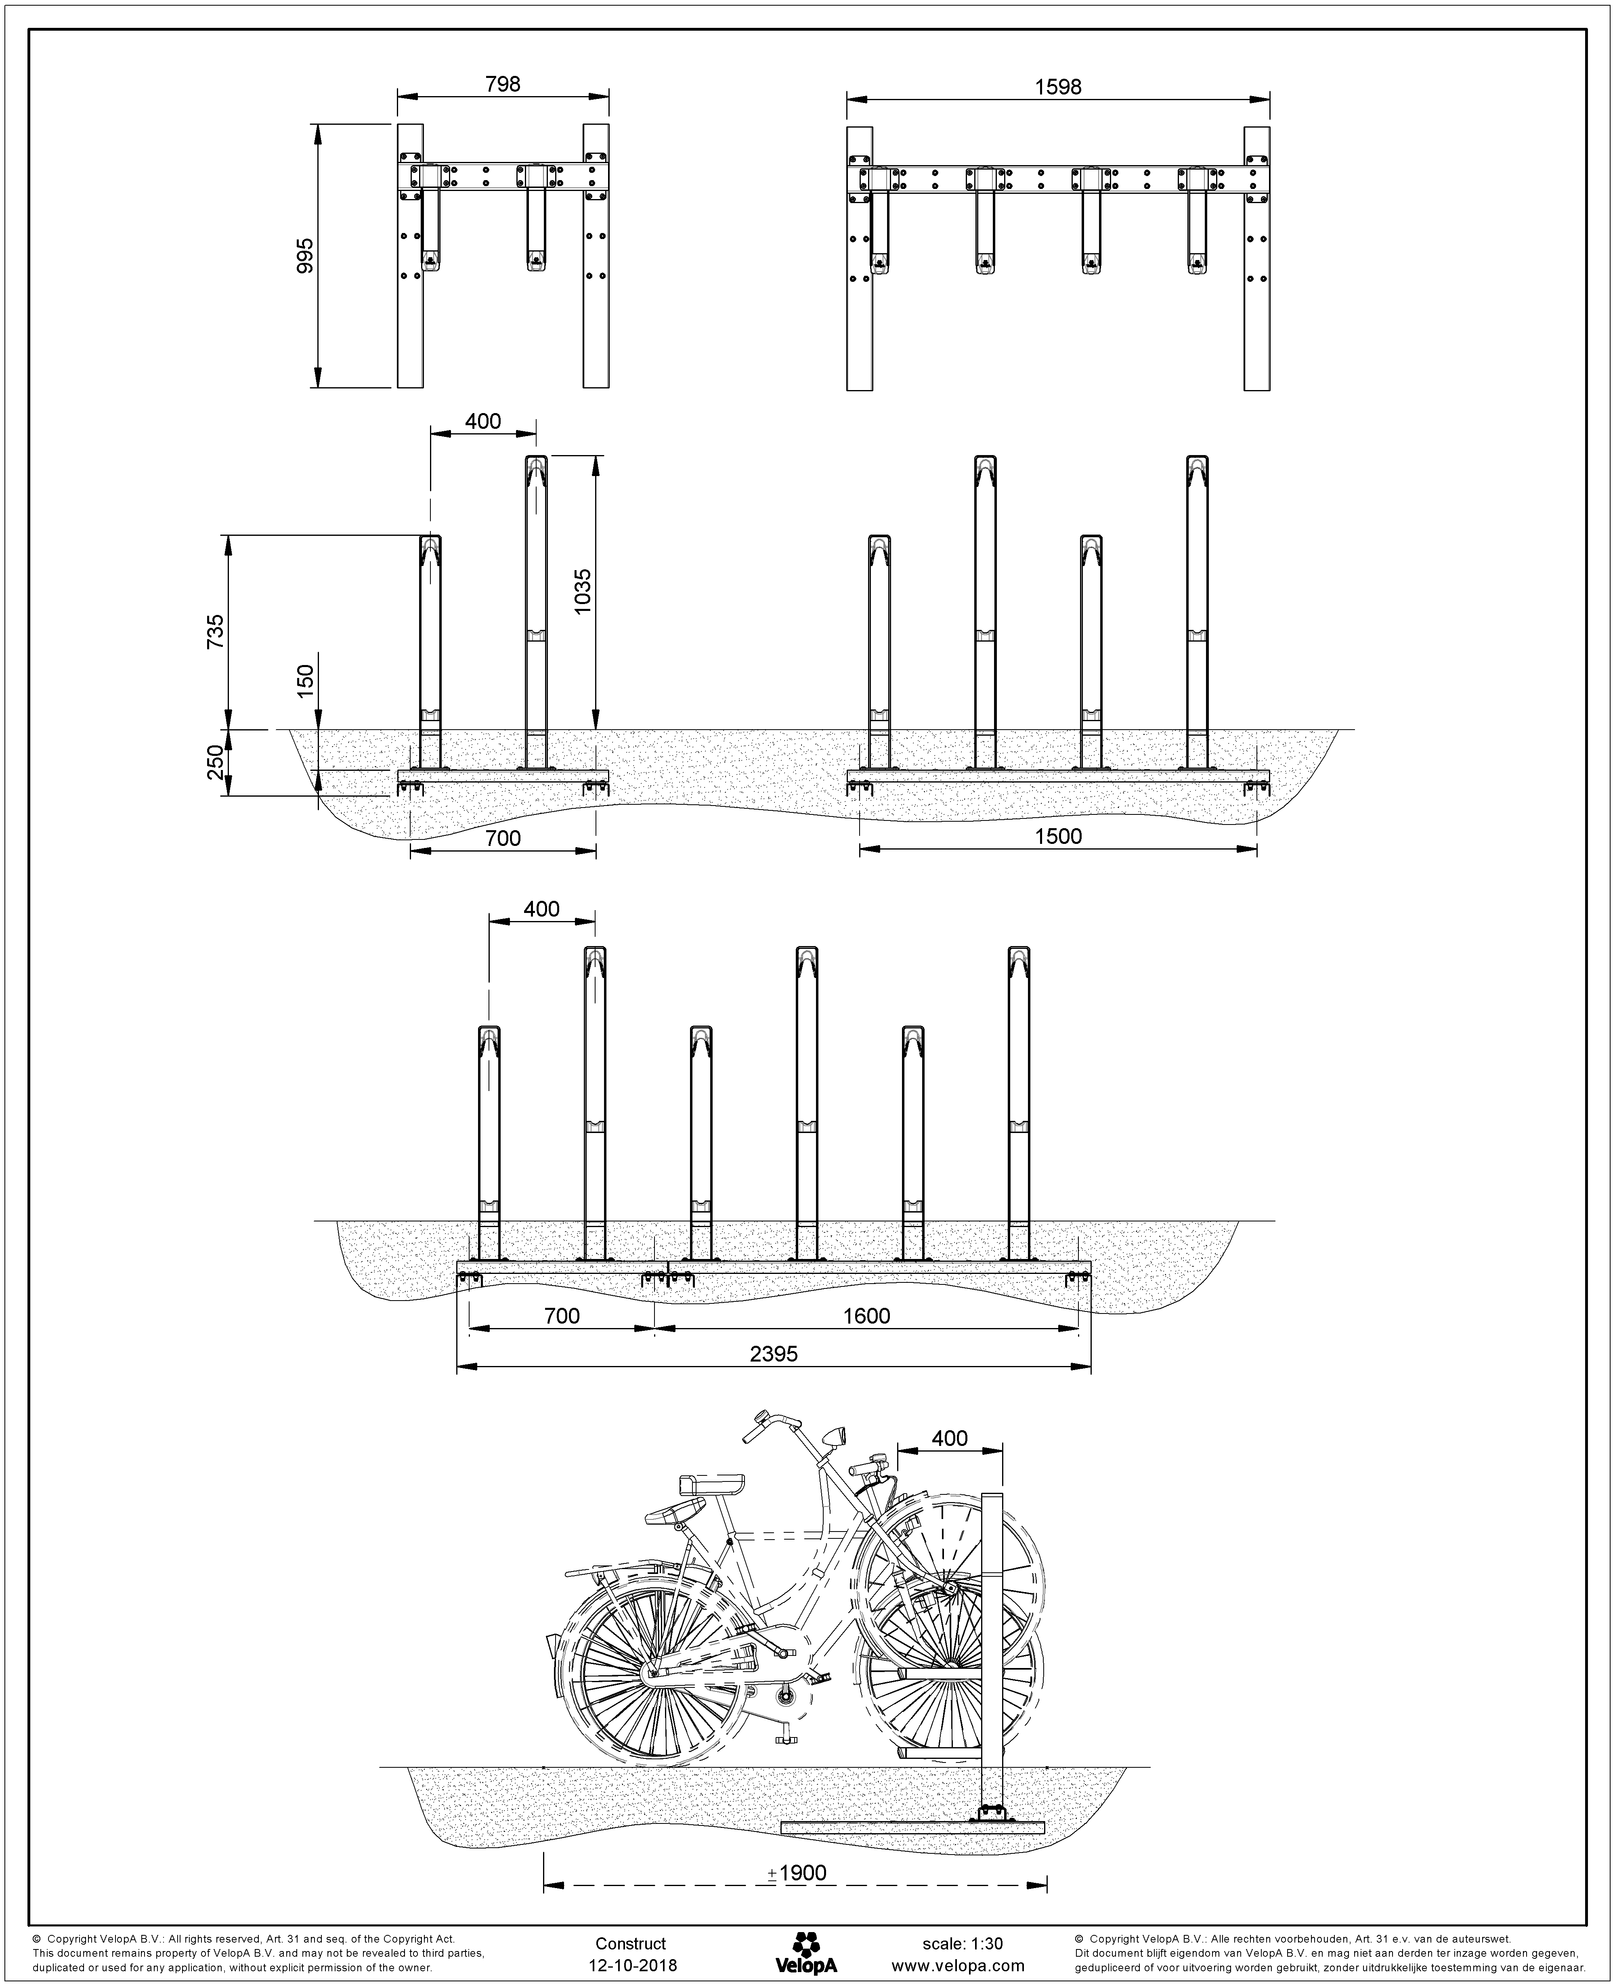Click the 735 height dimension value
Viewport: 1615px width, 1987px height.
tap(215, 634)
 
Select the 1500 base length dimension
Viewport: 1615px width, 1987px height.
tap(1059, 836)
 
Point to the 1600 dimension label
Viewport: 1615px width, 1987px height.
tap(867, 1316)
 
